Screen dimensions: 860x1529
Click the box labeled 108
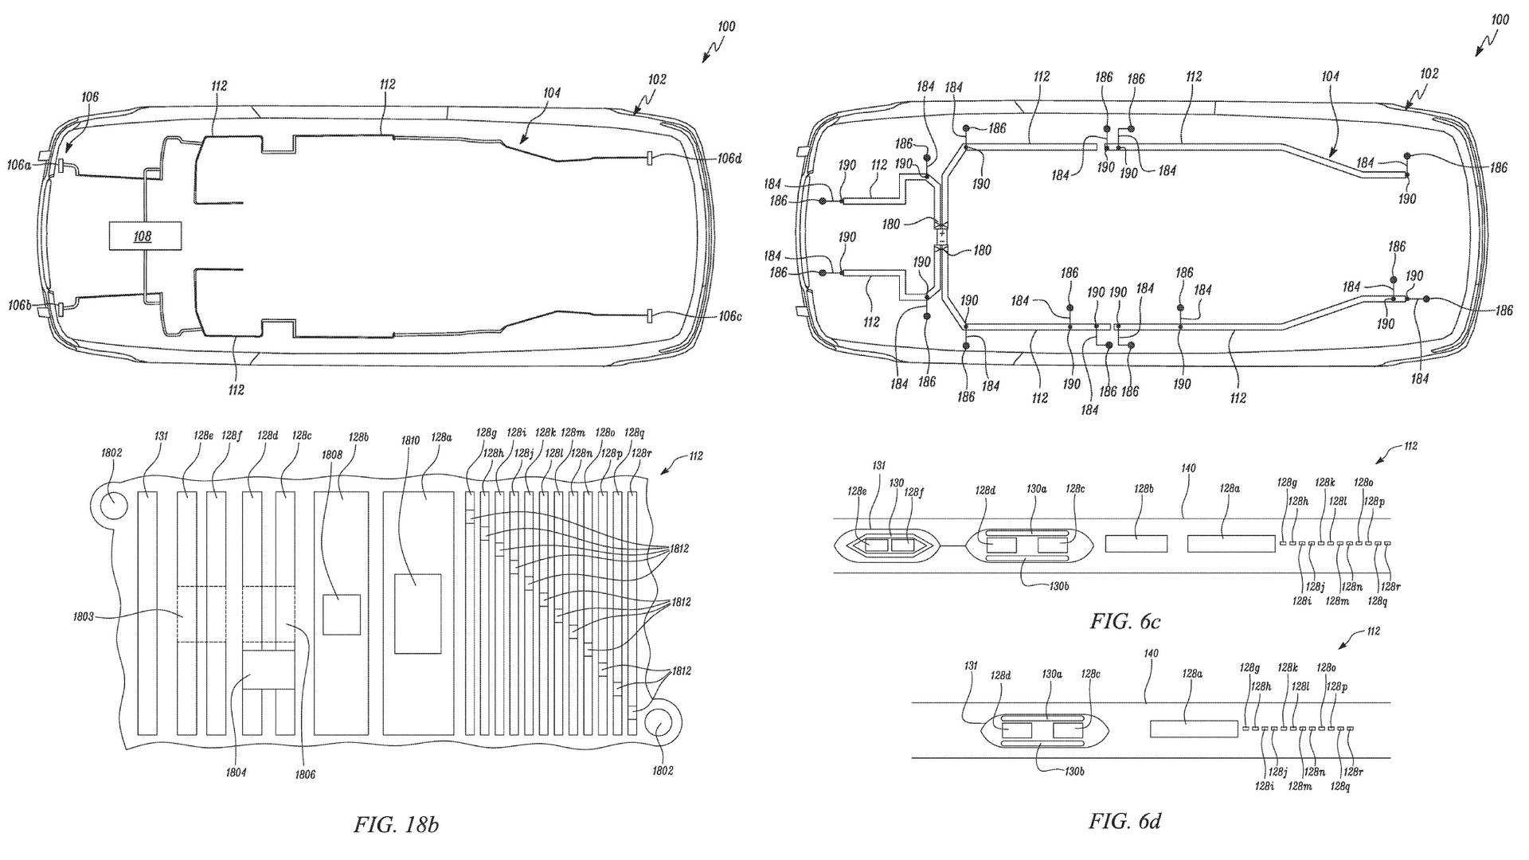pos(144,236)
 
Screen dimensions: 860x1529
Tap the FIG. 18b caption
pos(396,825)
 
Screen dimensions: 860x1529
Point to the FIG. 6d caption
pos(1124,821)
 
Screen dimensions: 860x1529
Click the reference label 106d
pos(729,158)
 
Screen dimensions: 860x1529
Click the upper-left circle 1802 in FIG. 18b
pos(111,504)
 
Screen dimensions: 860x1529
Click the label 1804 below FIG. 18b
pos(236,772)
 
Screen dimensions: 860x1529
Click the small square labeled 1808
pos(342,614)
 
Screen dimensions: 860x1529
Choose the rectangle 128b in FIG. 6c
pos(1136,544)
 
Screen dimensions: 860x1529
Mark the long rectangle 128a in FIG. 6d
pos(1194,729)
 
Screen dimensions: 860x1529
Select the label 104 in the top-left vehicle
pos(552,93)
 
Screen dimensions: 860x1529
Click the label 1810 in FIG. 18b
pos(410,439)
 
